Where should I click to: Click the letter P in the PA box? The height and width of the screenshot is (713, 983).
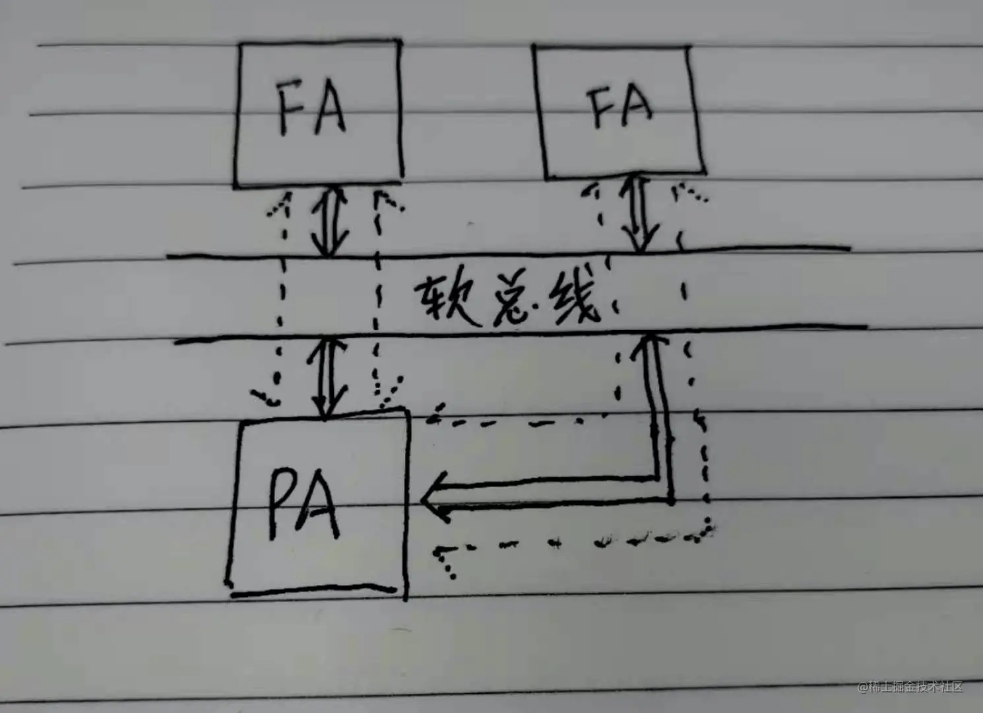[282, 504]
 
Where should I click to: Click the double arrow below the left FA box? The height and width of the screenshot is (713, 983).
[329, 221]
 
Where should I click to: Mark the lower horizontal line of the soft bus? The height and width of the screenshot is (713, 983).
[521, 333]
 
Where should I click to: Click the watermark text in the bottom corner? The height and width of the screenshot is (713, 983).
[910, 687]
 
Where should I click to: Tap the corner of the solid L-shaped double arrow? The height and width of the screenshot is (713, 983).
[665, 490]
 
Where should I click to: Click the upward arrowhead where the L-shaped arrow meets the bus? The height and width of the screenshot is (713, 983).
[650, 343]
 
